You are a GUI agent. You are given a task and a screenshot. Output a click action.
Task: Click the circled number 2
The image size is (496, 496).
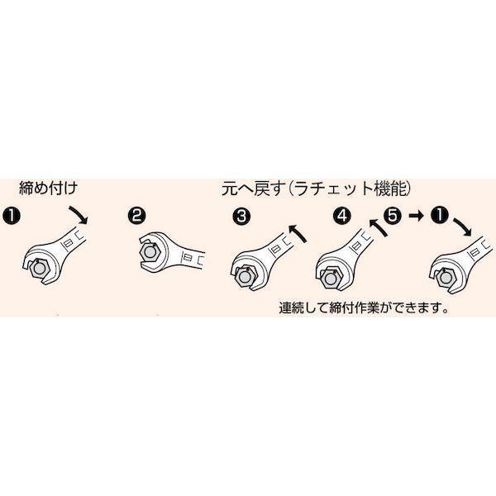136,216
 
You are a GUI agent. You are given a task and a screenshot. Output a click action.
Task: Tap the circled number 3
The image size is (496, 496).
241,217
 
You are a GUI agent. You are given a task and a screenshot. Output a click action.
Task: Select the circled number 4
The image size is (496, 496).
342,216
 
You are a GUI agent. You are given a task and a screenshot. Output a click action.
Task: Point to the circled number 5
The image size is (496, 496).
392,216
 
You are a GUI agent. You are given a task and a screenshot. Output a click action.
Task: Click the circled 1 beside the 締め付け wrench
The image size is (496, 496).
12,216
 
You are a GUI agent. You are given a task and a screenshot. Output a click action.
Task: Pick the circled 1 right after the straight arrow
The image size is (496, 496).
440,216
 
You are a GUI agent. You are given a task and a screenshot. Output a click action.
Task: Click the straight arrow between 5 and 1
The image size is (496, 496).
417,216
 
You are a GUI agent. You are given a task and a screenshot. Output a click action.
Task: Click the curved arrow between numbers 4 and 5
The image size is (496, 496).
379,227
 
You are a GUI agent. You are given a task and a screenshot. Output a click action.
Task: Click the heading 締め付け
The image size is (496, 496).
48,188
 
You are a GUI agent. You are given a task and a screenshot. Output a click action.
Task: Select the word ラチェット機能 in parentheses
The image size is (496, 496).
348,189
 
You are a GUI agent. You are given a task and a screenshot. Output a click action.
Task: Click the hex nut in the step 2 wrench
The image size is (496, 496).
150,252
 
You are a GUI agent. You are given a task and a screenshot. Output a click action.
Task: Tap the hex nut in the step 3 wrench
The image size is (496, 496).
245,277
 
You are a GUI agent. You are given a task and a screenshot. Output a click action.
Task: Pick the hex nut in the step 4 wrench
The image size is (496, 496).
331,278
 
